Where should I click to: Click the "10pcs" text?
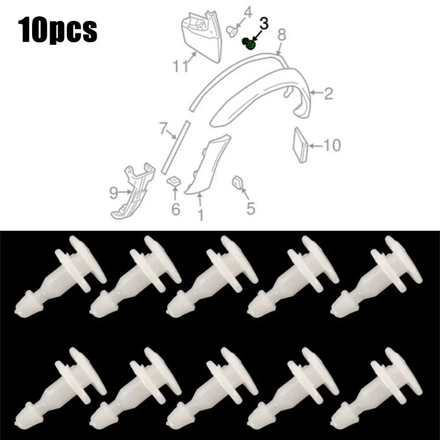(x=58, y=29)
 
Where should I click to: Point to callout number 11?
(x=181, y=66)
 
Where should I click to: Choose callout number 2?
(x=328, y=93)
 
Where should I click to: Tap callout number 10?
(x=332, y=145)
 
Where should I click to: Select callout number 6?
(x=176, y=209)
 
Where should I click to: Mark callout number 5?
(x=251, y=208)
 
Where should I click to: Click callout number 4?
(x=248, y=12)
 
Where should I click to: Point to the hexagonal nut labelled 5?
(x=236, y=182)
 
